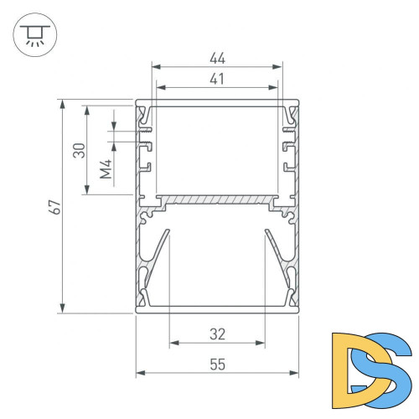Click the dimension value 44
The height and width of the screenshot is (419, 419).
tap(217, 59)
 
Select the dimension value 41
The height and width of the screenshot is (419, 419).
tap(217, 80)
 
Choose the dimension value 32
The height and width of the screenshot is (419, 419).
tap(217, 334)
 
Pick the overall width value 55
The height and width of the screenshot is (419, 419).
tap(217, 365)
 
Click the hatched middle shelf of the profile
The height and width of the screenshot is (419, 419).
tap(217, 200)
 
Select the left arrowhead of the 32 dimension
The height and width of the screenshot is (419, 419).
tap(173, 343)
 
